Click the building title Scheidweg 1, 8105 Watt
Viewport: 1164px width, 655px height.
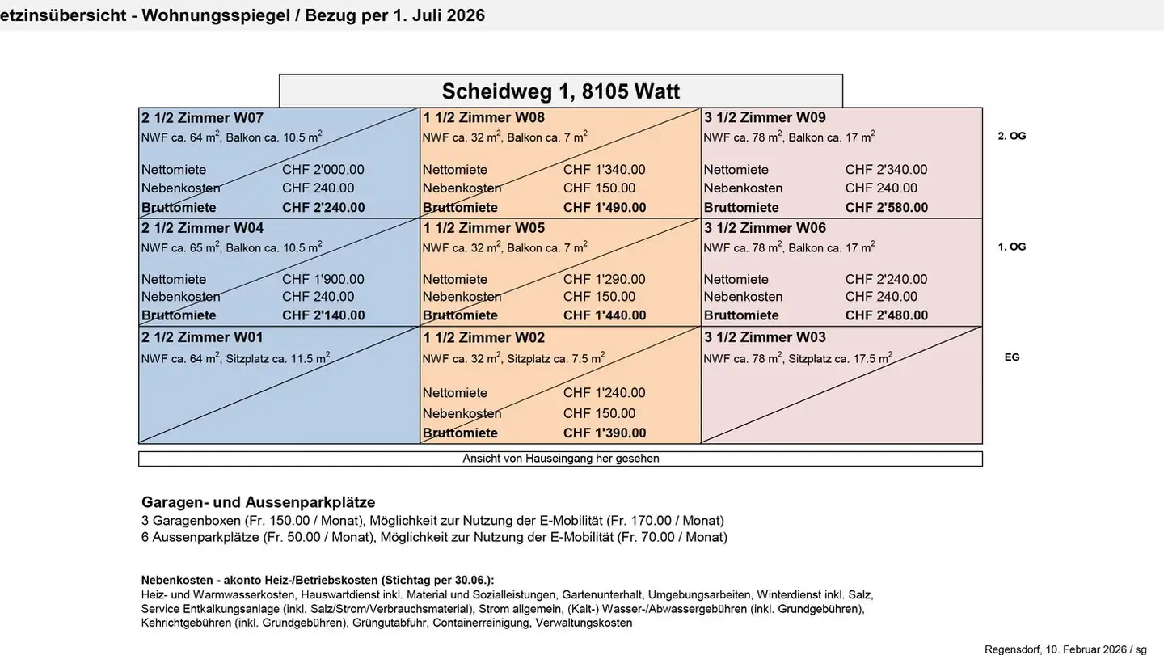coord(560,91)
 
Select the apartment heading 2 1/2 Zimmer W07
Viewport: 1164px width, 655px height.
coord(202,118)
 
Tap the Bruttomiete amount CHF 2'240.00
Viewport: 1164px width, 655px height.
coord(323,208)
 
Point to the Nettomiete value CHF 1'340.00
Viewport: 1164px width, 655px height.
coord(605,170)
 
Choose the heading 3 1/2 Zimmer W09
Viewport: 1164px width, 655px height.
coord(765,118)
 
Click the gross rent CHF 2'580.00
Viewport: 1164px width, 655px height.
coord(887,208)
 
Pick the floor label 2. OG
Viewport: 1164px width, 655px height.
coord(1012,136)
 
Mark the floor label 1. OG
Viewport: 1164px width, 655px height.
coord(1012,247)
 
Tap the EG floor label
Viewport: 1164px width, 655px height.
coord(1012,357)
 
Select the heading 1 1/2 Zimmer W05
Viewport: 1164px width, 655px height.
coord(484,228)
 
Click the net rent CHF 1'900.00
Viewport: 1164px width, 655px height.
coord(323,280)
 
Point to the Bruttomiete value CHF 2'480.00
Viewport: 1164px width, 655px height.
coord(887,315)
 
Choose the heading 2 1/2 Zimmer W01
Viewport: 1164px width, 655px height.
coord(202,337)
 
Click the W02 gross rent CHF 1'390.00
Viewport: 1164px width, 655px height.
coord(605,433)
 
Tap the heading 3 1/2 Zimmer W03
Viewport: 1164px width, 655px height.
coord(765,337)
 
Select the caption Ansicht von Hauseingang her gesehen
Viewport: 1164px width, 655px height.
coord(561,458)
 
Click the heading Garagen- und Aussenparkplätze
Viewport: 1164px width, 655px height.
coord(259,502)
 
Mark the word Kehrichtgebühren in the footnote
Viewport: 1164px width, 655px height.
coord(186,623)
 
